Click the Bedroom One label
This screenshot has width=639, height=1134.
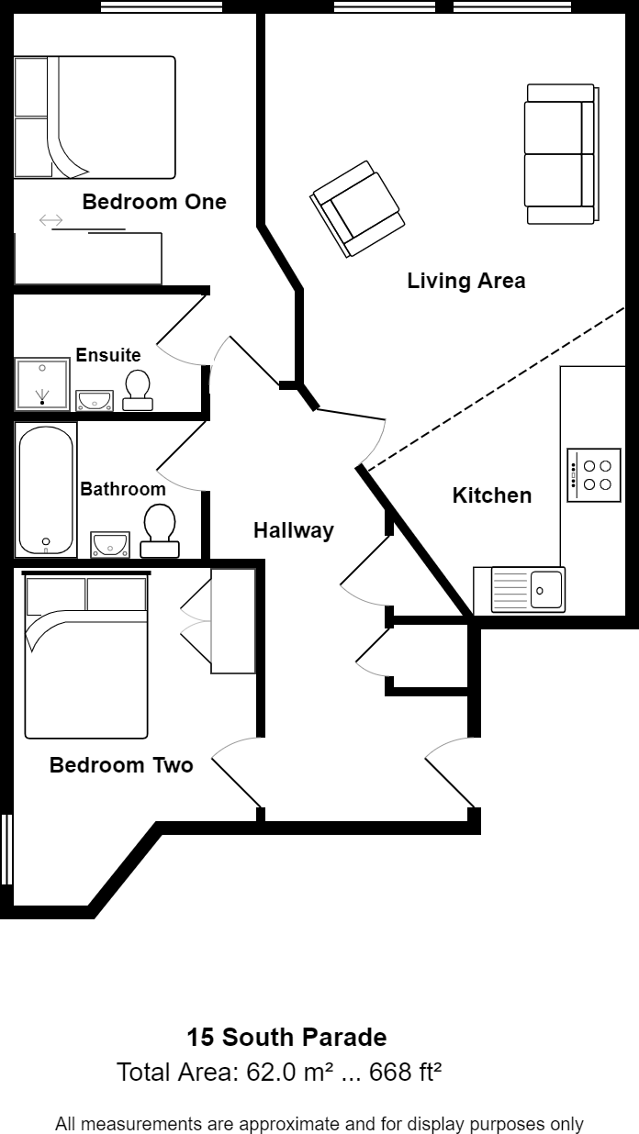(154, 202)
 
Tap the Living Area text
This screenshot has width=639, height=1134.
(466, 281)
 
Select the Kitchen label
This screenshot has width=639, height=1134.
(492, 495)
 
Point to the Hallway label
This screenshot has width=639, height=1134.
(294, 530)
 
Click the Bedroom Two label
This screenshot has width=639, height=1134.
(121, 765)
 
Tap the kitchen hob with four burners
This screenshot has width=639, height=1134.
(594, 474)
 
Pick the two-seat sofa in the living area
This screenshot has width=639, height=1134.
(561, 154)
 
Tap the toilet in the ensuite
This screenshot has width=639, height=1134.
(139, 390)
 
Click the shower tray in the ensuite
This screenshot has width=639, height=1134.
(41, 384)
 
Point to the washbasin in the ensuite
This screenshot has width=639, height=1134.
(95, 400)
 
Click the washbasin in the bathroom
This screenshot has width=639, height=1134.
(110, 545)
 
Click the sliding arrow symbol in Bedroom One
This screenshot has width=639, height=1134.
(51, 220)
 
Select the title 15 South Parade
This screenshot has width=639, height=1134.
(286, 1038)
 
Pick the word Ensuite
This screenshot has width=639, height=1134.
(108, 355)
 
